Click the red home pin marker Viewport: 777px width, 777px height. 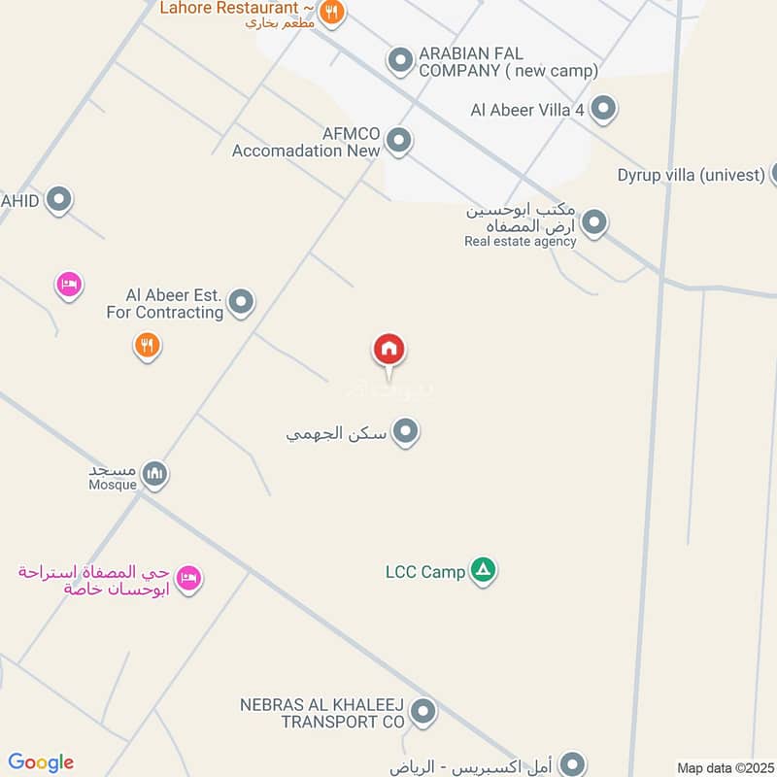click(x=389, y=350)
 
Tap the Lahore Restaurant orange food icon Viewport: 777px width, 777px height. click(x=332, y=13)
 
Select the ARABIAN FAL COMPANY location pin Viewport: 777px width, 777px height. click(x=399, y=61)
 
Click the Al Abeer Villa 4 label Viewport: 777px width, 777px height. click(x=527, y=110)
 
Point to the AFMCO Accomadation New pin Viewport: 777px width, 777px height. click(x=398, y=142)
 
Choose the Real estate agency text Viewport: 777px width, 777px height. click(x=520, y=241)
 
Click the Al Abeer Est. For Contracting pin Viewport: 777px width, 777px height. click(x=241, y=303)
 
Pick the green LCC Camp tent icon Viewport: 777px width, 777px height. click(x=483, y=571)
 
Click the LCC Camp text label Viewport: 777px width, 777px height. click(x=425, y=572)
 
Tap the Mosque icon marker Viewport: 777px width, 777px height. click(x=154, y=475)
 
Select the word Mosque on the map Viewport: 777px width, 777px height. click(x=113, y=484)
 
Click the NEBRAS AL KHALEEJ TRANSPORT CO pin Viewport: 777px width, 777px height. click(x=422, y=713)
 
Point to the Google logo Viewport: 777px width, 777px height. click(x=41, y=762)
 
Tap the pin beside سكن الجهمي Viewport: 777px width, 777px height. click(x=405, y=432)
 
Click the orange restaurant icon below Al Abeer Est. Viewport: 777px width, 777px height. click(x=147, y=345)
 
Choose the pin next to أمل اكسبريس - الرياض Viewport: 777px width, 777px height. click(x=574, y=764)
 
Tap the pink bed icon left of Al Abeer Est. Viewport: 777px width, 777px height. click(x=68, y=285)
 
